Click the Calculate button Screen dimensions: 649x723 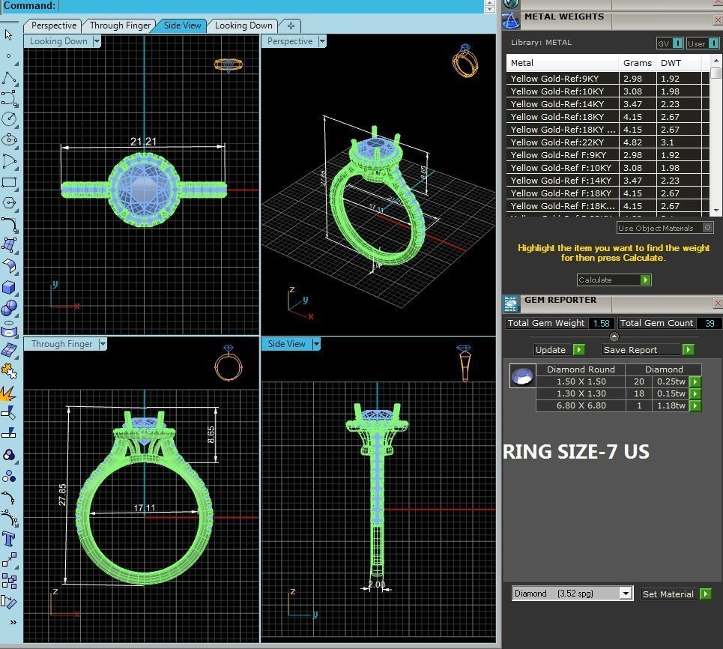pyautogui.click(x=614, y=280)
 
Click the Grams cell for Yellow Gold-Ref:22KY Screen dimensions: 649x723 pyautogui.click(x=632, y=142)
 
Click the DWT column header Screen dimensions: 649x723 pyautogui.click(x=671, y=63)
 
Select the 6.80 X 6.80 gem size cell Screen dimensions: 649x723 pyautogui.click(x=581, y=405)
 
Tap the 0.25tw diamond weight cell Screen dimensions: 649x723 pyautogui.click(x=671, y=381)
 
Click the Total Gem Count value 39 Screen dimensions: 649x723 pyautogui.click(x=709, y=323)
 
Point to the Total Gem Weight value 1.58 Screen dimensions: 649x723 pyautogui.click(x=600, y=323)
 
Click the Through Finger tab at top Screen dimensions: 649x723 pyautogui.click(x=120, y=25)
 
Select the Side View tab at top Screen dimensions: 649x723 pyautogui.click(x=182, y=25)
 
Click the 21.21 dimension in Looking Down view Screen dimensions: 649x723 pyautogui.click(x=143, y=142)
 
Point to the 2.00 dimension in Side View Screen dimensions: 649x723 pyautogui.click(x=376, y=585)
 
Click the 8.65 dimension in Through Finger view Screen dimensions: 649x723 pyautogui.click(x=211, y=435)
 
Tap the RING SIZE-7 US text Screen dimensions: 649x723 pyautogui.click(x=575, y=452)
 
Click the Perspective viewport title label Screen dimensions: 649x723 pyautogui.click(x=290, y=41)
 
